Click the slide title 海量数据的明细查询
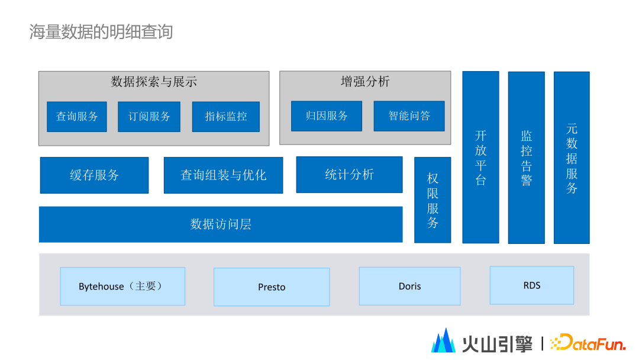[x=101, y=31]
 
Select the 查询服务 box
[x=77, y=117]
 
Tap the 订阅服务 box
[x=149, y=117]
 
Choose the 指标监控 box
[x=226, y=117]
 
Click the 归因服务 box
[x=327, y=116]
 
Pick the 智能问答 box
[x=409, y=116]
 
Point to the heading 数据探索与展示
[x=154, y=82]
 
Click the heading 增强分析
[x=365, y=81]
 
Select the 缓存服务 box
[x=94, y=175]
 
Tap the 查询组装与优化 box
[x=223, y=175]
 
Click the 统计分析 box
[x=349, y=175]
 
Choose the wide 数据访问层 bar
[x=221, y=224]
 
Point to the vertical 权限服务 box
[x=433, y=200]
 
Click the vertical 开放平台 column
[x=480, y=157]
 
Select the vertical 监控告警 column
[x=526, y=157]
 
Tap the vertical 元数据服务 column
[x=572, y=157]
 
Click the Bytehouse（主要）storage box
[x=122, y=287]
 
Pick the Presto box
[x=272, y=287]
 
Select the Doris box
[x=409, y=286]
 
